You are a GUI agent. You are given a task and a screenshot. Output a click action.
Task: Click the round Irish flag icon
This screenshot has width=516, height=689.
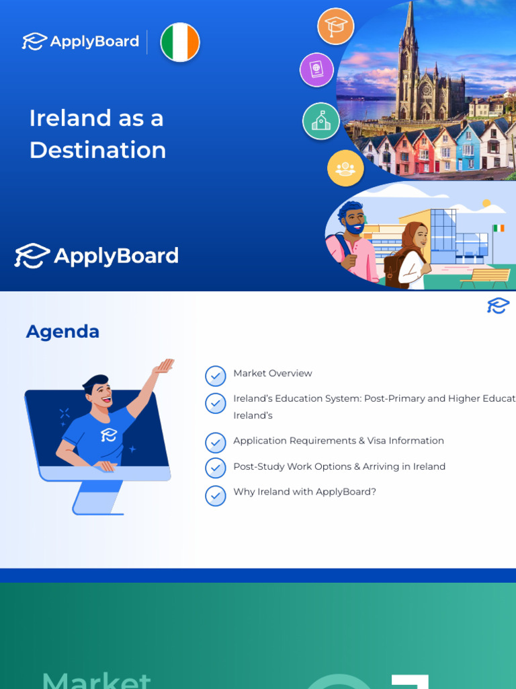(x=180, y=42)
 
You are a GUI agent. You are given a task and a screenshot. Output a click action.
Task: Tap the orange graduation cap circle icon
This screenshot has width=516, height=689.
(x=335, y=26)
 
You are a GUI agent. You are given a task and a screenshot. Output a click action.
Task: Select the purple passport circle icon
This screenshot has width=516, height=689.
(x=316, y=69)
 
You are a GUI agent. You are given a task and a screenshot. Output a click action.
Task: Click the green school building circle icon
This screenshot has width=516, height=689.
(x=320, y=120)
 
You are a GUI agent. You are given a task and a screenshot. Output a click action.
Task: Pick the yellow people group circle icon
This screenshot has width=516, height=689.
(x=345, y=168)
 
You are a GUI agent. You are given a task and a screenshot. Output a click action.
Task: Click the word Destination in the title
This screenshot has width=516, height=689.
(x=97, y=150)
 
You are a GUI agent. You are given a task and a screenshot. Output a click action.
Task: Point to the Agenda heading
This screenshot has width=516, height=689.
(x=62, y=331)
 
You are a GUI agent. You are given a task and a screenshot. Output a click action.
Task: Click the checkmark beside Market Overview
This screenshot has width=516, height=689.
(x=215, y=375)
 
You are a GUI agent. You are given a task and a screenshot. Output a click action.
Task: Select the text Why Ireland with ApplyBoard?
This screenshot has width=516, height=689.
(x=304, y=492)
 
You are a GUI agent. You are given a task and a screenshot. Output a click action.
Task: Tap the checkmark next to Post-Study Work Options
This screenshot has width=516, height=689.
(x=215, y=468)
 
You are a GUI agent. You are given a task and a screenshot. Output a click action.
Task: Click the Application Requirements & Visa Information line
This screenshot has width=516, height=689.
(x=339, y=441)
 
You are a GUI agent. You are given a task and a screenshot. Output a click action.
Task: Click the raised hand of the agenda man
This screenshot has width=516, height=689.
(x=163, y=366)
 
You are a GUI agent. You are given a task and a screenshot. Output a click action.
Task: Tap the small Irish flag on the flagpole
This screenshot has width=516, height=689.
(x=498, y=228)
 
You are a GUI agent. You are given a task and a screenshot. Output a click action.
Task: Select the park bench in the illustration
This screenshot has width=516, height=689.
(x=486, y=277)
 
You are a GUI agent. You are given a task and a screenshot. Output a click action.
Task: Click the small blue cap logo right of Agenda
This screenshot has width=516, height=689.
(x=498, y=306)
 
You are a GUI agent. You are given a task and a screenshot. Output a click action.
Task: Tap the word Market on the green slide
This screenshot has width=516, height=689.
(x=97, y=680)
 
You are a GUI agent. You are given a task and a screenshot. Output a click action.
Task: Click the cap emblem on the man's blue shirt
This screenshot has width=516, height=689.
(x=108, y=435)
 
